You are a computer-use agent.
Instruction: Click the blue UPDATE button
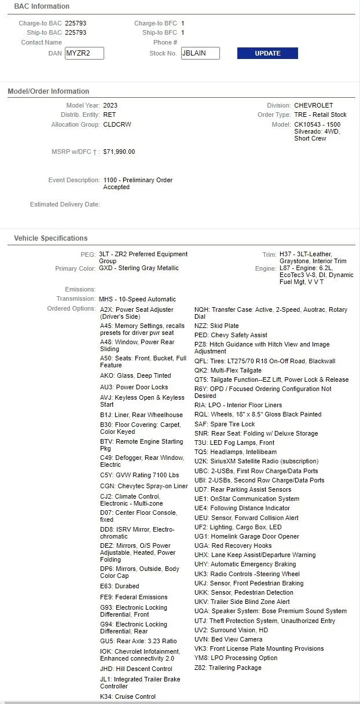(x=267, y=53)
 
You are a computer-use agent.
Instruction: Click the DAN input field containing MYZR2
(x=84, y=53)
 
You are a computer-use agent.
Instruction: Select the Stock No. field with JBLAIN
(x=200, y=53)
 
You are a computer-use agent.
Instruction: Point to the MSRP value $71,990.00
(x=119, y=152)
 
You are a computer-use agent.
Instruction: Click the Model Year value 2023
(x=110, y=105)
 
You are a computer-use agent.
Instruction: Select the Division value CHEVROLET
(x=314, y=105)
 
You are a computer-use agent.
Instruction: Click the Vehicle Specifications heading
(x=51, y=238)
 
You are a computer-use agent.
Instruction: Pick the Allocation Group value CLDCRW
(x=116, y=124)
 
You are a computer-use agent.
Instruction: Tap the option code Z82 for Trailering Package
(x=200, y=668)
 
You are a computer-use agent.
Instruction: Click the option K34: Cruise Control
(x=128, y=696)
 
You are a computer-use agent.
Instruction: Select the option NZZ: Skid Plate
(x=216, y=326)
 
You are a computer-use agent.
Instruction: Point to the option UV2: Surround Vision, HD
(x=231, y=630)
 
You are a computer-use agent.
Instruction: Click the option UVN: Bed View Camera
(x=228, y=639)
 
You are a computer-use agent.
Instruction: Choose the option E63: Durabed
(x=120, y=586)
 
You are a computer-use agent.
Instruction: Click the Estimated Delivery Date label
(x=65, y=204)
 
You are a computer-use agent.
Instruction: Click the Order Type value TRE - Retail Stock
(x=321, y=115)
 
